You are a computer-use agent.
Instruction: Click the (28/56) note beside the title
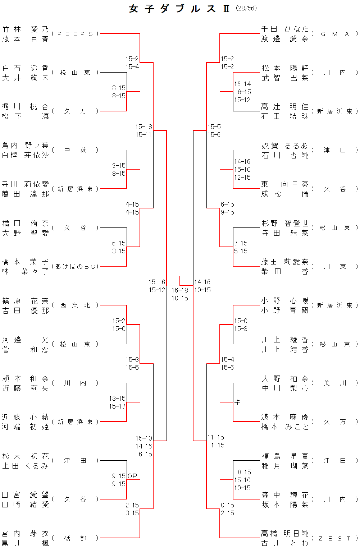pyautogui.click(x=246, y=8)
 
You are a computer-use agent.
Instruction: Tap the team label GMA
pyautogui.click(x=334, y=34)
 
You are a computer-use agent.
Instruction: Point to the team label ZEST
pyautogui.click(x=334, y=538)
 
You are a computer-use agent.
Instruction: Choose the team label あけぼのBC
pyautogui.click(x=75, y=267)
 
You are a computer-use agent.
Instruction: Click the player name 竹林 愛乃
pyautogui.click(x=25, y=29)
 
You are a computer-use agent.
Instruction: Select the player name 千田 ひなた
pyautogui.click(x=285, y=29)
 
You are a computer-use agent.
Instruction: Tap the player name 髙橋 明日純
pyautogui.click(x=285, y=533)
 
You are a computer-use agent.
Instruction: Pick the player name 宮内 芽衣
pyautogui.click(x=25, y=533)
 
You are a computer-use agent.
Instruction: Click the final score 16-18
pyautogui.click(x=179, y=290)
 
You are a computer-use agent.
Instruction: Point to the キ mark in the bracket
pyautogui.click(x=237, y=402)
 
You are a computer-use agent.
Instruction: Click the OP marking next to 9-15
pyautogui.click(x=132, y=476)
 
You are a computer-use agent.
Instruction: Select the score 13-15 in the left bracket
pyautogui.click(x=117, y=398)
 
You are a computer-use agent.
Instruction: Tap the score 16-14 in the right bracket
pyautogui.click(x=242, y=84)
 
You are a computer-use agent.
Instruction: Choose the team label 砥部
pyautogui.click(x=75, y=538)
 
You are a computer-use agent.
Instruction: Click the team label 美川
pyautogui.click(x=334, y=383)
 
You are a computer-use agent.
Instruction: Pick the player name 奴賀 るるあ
pyautogui.click(x=285, y=146)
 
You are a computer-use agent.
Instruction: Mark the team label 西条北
pyautogui.click(x=75, y=305)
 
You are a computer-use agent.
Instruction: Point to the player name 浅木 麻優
pyautogui.click(x=285, y=417)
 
